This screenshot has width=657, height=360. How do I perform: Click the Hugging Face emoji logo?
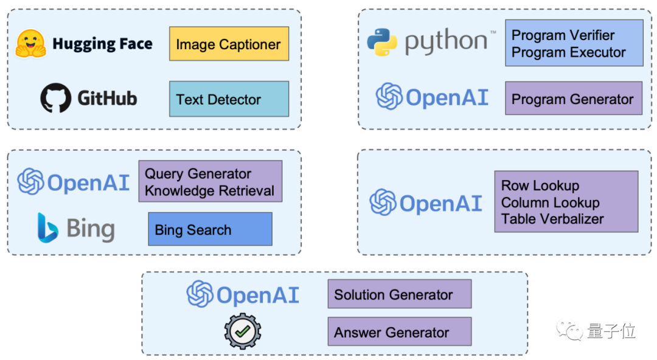[31, 44]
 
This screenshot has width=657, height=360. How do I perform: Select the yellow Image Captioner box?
[229, 44]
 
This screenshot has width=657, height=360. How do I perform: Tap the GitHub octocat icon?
[56, 98]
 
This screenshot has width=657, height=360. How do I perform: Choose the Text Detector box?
[229, 99]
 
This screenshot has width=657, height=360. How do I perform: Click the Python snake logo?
[382, 42]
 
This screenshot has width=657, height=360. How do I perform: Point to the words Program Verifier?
[563, 35]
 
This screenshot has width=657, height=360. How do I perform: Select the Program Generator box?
[573, 99]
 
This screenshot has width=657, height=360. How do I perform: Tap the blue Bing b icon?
[47, 228]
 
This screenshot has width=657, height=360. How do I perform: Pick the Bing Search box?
[210, 229]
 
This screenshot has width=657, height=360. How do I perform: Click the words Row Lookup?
[540, 185]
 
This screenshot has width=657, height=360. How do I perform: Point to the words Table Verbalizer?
[552, 219]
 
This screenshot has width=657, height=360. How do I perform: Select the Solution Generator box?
[399, 295]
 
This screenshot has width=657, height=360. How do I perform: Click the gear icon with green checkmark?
[242, 331]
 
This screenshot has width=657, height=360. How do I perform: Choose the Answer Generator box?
[399, 332]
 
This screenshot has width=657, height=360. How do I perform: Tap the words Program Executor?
[568, 52]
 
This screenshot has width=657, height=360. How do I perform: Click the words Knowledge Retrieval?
[209, 190]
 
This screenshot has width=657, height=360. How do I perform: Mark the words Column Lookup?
[550, 202]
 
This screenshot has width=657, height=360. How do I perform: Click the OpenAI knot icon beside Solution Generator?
[200, 294]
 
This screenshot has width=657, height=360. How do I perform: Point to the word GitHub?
[107, 98]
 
